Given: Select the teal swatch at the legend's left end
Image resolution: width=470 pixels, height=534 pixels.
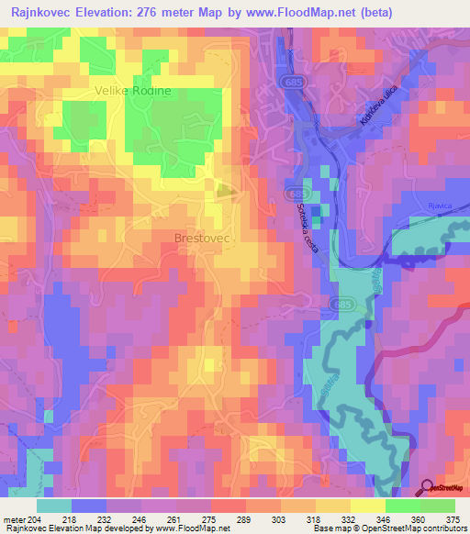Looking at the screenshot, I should coord(54,505).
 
